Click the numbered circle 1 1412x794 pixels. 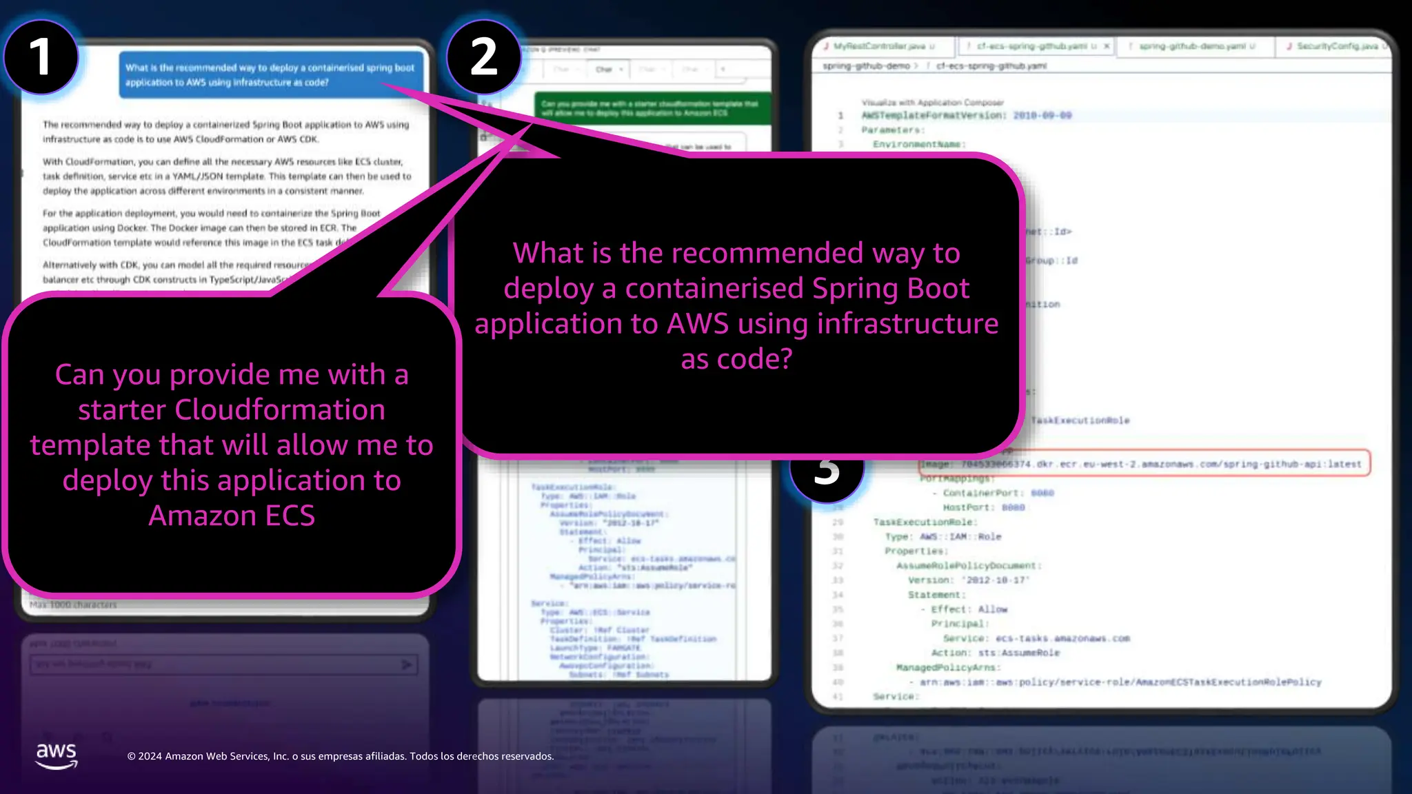pos(41,57)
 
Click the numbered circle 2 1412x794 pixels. pos(484,57)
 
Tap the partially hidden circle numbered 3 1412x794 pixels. pos(827,476)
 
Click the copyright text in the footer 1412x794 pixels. pos(341,756)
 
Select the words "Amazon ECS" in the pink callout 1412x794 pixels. pos(232,516)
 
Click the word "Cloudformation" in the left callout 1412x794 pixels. pos(280,410)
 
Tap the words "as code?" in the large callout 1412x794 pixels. pos(736,358)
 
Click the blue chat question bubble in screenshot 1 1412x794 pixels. pos(270,74)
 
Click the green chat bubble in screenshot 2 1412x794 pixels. pos(652,108)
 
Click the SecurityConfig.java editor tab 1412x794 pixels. pos(1338,46)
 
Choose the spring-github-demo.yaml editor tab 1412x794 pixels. pos(1192,46)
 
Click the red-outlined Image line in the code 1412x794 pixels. pos(1144,464)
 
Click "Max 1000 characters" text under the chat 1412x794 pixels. pos(73,604)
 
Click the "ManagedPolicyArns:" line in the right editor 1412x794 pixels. pos(948,667)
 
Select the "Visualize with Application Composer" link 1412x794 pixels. pos(932,103)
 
